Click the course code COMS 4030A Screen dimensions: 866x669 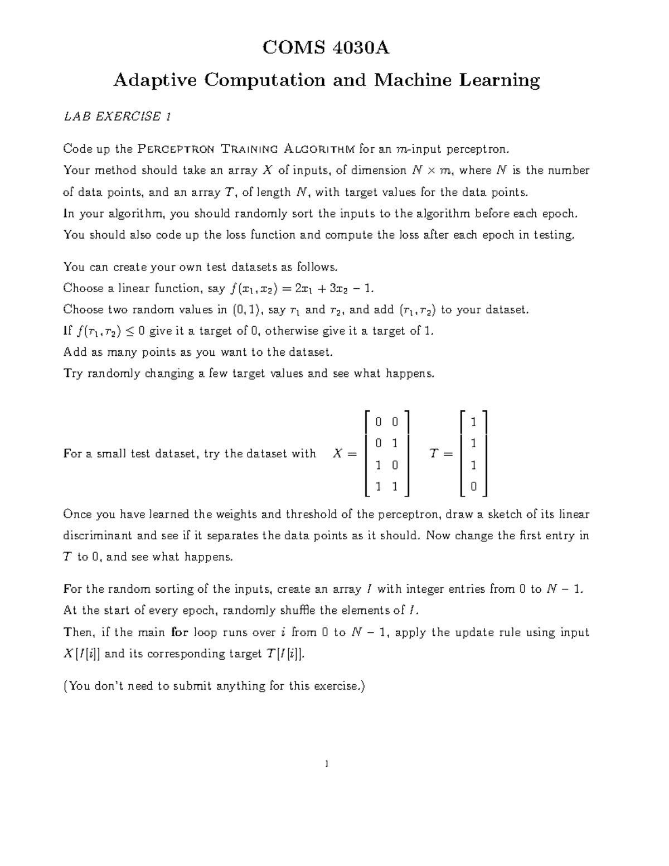[326, 49]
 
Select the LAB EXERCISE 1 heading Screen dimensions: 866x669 [117, 117]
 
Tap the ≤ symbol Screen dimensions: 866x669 [127, 331]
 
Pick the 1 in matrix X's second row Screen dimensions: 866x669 [394, 443]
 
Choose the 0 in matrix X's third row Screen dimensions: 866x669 [394, 465]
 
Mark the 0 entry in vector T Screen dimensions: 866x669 [473, 487]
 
